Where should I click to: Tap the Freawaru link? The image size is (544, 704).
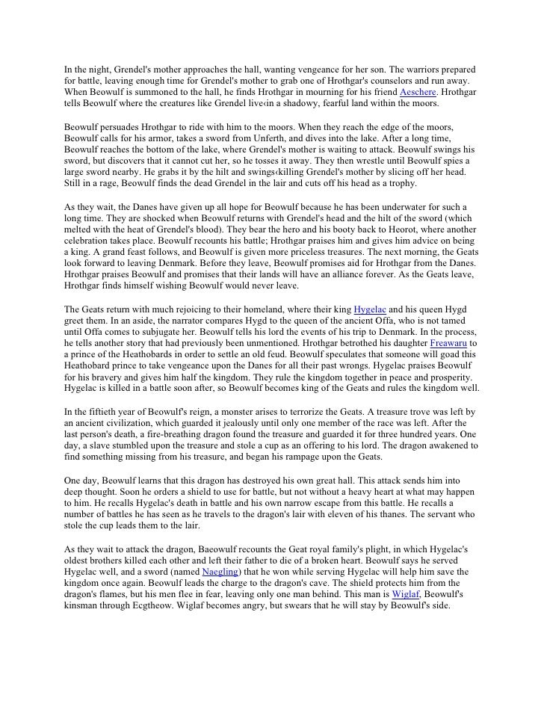coord(451,343)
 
